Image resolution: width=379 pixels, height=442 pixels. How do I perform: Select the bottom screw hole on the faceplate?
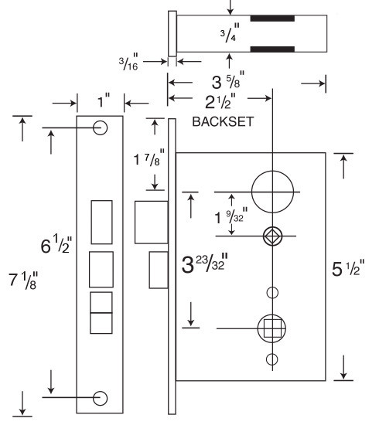tap(100, 398)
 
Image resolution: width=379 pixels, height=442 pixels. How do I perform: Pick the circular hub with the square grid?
tap(272, 328)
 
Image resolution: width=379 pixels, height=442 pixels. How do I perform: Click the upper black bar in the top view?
tap(273, 18)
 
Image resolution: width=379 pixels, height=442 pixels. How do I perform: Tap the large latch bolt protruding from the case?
tap(152, 223)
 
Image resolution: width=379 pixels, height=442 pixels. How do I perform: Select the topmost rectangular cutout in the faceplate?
tap(101, 222)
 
